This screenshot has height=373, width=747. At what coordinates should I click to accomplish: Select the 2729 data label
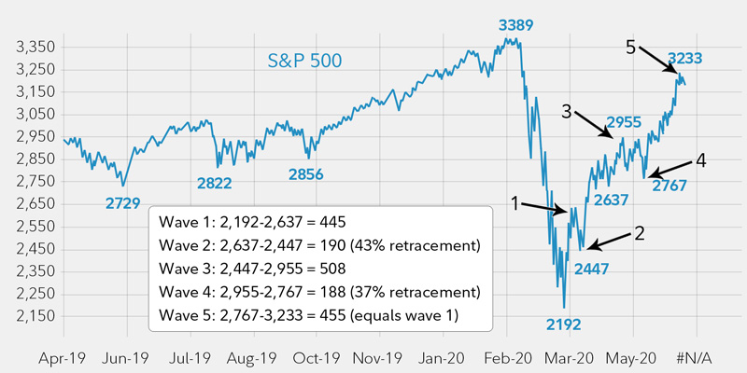[121, 200]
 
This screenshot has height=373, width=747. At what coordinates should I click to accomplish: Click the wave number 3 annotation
[567, 111]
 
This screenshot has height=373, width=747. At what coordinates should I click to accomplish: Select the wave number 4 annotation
[700, 160]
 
